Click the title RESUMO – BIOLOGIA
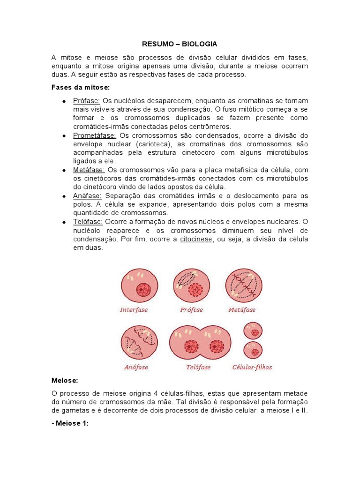tap(180, 44)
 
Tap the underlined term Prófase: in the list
tap(86, 101)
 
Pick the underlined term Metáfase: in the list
tap(89, 170)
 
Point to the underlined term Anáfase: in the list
tap(88, 195)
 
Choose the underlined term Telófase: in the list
tap(88, 221)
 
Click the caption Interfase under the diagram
tap(134, 310)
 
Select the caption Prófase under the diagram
tap(191, 310)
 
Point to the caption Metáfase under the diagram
tap(242, 310)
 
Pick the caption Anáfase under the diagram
tap(136, 367)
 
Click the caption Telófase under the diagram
tap(198, 367)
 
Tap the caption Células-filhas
tap(252, 367)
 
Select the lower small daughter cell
tap(254, 351)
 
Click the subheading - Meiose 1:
tap(69, 423)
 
